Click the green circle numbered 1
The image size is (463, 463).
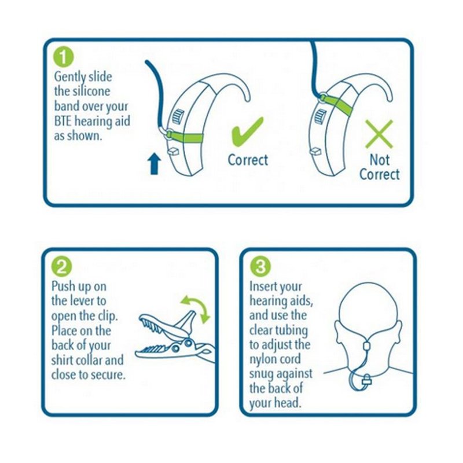[x=63, y=58]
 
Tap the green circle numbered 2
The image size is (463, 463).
[x=61, y=267]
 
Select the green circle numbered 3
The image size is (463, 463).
[x=260, y=266]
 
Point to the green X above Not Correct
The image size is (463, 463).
[x=379, y=134]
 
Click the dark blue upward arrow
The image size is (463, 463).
[x=154, y=165]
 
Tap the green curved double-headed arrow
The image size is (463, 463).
[x=196, y=308]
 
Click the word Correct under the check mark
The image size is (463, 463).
[x=248, y=160]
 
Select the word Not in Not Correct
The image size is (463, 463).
[x=380, y=160]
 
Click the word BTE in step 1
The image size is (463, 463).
[x=63, y=122]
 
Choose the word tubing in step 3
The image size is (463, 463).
[x=293, y=330]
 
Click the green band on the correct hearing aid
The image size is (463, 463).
[x=185, y=137]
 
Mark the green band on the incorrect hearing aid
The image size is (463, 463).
[x=336, y=104]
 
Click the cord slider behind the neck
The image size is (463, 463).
[x=366, y=346]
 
